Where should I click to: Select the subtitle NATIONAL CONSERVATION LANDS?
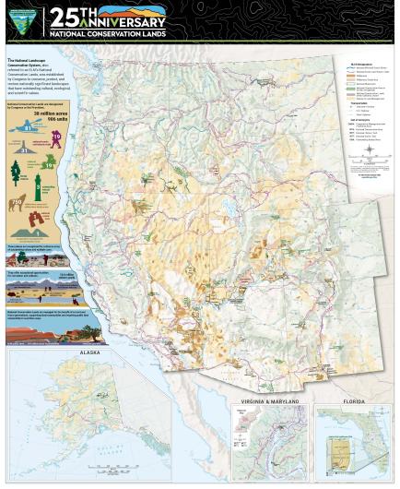point(106,33)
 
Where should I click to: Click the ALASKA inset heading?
point(90,352)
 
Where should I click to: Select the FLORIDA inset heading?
point(354,401)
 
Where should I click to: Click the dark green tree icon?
point(16,171)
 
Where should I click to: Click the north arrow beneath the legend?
point(370,149)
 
